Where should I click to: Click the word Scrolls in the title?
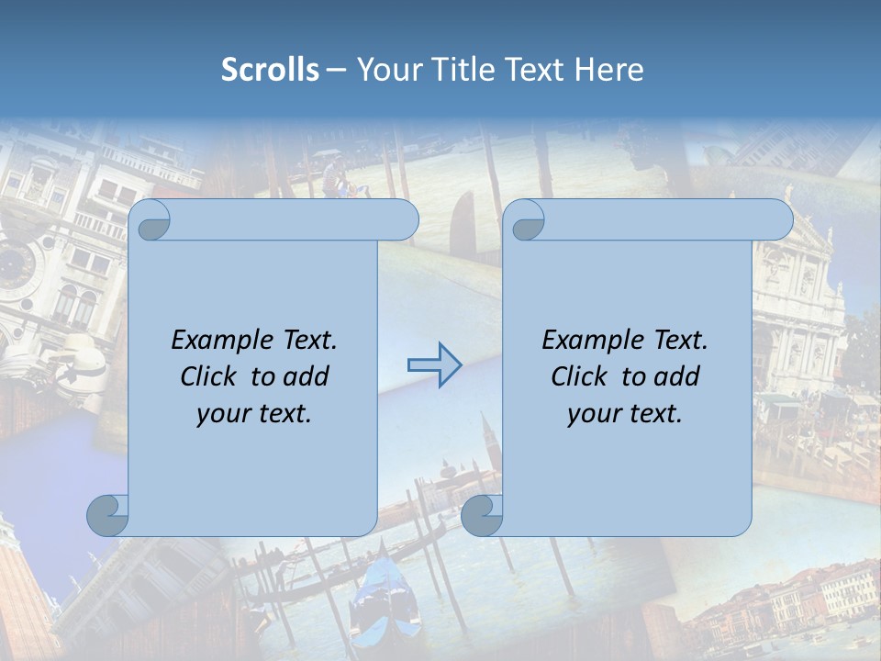coord(271,70)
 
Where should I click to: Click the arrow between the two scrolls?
coord(434,364)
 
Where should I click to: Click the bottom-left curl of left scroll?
coord(107,515)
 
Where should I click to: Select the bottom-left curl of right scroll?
coord(482,515)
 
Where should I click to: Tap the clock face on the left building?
coord(18,266)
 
